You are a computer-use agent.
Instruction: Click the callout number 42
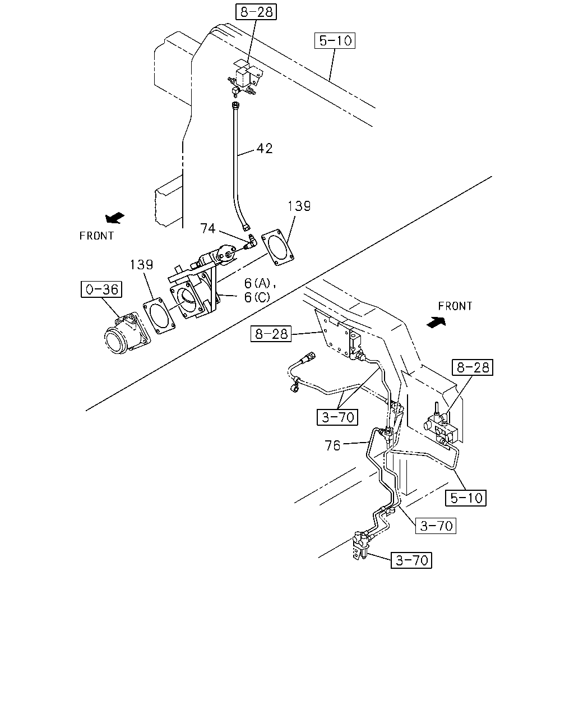click(x=265, y=149)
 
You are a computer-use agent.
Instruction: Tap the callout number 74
click(x=208, y=228)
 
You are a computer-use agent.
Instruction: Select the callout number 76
click(x=332, y=446)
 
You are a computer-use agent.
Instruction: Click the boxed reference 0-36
click(x=101, y=289)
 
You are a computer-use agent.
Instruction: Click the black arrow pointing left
click(x=115, y=218)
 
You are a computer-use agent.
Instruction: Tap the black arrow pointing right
click(x=436, y=322)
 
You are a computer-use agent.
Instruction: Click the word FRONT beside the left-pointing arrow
click(x=96, y=236)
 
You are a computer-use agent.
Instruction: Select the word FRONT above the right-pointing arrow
click(x=455, y=306)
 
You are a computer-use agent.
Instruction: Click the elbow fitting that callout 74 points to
click(x=249, y=242)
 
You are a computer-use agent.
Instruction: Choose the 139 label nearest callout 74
click(x=299, y=206)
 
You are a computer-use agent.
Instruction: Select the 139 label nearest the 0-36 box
click(x=141, y=265)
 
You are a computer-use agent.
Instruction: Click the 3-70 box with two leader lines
click(x=337, y=417)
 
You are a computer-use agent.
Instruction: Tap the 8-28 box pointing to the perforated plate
click(x=271, y=334)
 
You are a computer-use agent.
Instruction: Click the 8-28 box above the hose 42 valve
click(x=256, y=12)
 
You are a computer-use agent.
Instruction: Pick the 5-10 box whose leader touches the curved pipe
click(x=466, y=498)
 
